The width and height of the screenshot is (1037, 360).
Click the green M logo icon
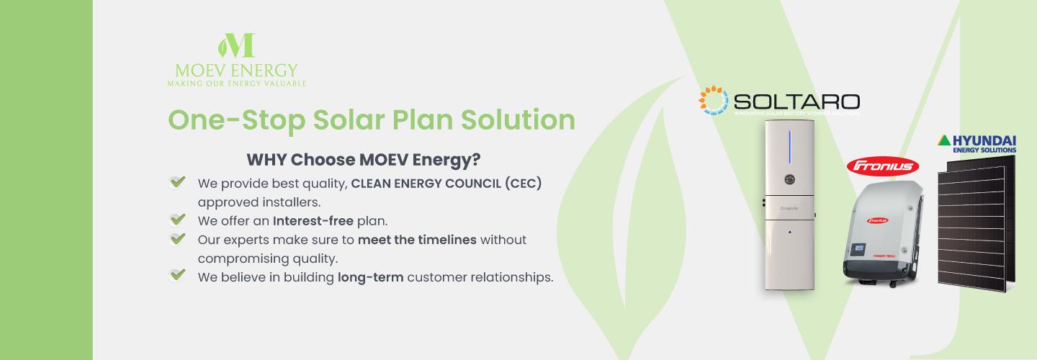(x=236, y=45)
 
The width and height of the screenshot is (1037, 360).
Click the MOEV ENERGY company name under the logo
(x=236, y=71)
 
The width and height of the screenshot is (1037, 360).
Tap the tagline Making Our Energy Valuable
(x=236, y=84)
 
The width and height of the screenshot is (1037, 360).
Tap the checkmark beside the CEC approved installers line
(x=176, y=183)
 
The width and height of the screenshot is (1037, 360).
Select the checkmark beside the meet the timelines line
(x=176, y=239)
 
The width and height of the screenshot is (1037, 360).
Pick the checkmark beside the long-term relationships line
(x=176, y=276)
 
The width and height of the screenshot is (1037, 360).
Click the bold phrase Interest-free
(x=313, y=220)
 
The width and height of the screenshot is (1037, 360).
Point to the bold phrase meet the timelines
(x=417, y=239)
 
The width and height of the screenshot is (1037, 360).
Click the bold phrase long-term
(x=370, y=276)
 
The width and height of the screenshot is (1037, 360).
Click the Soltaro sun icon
(x=713, y=100)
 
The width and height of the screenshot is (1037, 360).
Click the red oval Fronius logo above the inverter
(x=884, y=166)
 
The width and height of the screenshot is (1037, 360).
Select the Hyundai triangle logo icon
(x=943, y=140)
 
